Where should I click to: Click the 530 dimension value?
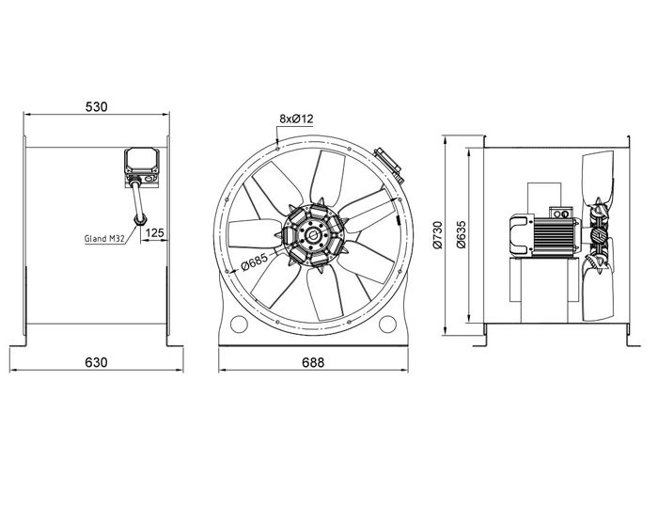97,107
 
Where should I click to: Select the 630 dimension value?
96,362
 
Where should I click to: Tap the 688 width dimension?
313,362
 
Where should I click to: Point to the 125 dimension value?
155,232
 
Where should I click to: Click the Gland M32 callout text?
104,239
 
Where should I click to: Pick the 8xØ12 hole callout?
296,119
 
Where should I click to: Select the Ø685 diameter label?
255,261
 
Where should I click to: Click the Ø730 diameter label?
437,235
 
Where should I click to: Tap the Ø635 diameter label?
461,235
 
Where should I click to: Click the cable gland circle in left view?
140,219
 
